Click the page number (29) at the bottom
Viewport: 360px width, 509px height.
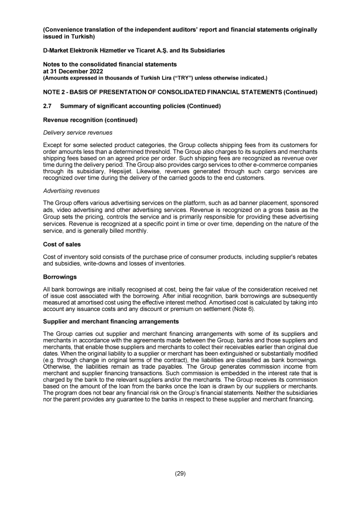[x=180, y=473]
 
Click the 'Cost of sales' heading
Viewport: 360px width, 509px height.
[x=62, y=245]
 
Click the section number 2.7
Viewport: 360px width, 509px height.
[x=48, y=106]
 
